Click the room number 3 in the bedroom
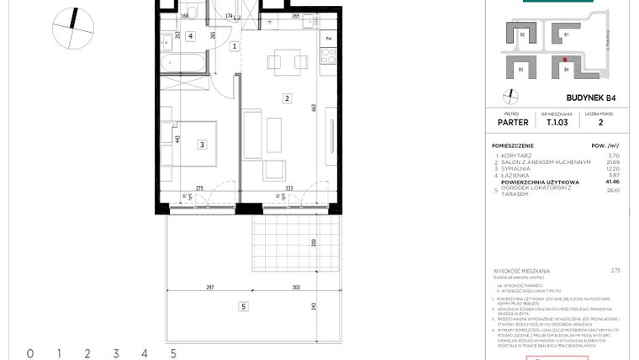pos(202,145)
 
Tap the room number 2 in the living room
pos(287,98)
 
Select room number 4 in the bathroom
pos(192,36)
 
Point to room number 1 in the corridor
pos(234,47)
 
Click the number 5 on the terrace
pos(242,306)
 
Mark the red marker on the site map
pos(563,60)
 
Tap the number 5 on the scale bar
pos(172,353)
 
